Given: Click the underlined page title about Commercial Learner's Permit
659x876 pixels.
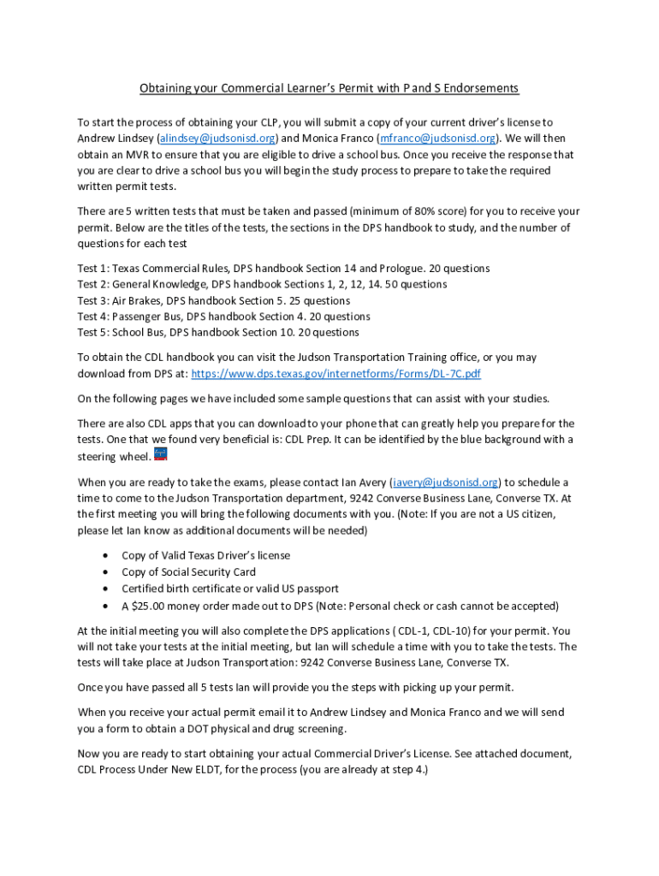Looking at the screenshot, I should pos(329,89).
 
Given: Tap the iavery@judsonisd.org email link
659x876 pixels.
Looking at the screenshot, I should pos(445,482).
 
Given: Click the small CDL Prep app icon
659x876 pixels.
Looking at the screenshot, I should pos(160,454).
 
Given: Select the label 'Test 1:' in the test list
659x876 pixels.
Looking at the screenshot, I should pos(93,269).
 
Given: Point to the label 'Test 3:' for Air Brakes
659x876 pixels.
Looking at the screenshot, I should pos(93,301).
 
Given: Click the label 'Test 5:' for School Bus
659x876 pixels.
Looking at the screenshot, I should pos(93,333).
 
